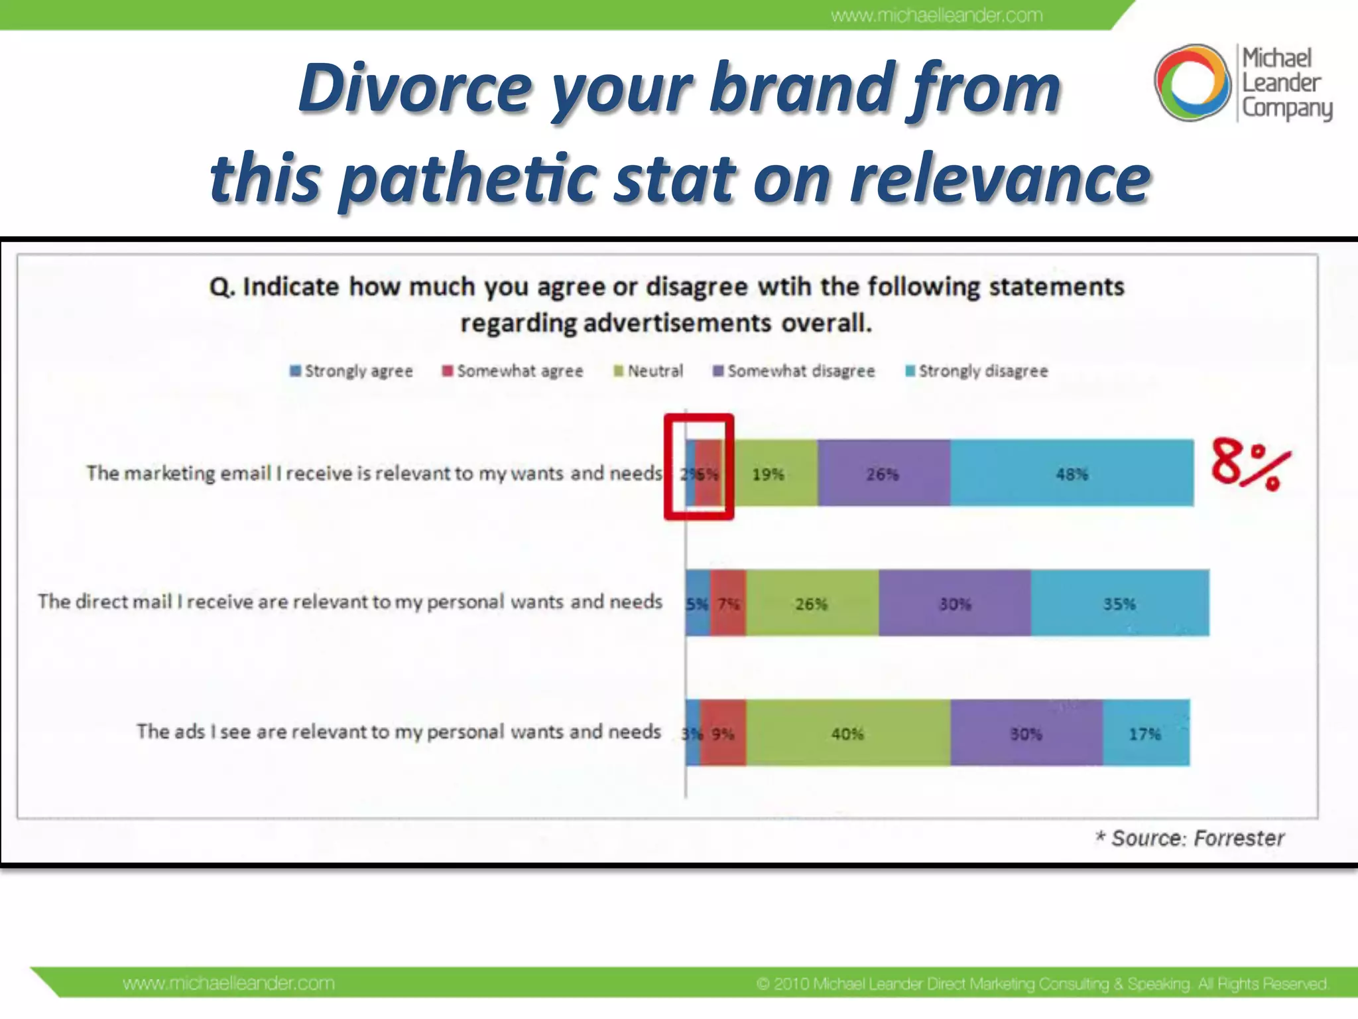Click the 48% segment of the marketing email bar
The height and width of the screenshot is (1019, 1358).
pos(1072,473)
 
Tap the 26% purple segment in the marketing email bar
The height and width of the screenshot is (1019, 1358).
pos(883,473)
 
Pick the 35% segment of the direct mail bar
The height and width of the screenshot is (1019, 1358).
pos(1119,603)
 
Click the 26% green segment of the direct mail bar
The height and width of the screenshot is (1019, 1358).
pos(812,603)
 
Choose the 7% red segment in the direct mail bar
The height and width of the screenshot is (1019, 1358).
pos(728,603)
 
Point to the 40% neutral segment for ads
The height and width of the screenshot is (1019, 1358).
pos(847,733)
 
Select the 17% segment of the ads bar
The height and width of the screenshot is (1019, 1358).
pos(1145,733)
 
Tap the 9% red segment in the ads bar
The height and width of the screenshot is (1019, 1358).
pos(723,733)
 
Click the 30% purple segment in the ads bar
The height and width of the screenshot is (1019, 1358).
pos(1026,733)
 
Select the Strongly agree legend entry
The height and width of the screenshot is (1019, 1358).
pos(351,371)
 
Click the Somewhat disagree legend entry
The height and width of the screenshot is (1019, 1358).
pos(794,371)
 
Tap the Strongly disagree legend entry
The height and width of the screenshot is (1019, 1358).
pos(977,371)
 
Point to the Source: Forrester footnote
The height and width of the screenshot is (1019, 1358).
pos(1190,838)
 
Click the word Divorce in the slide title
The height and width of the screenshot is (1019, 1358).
pos(416,88)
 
